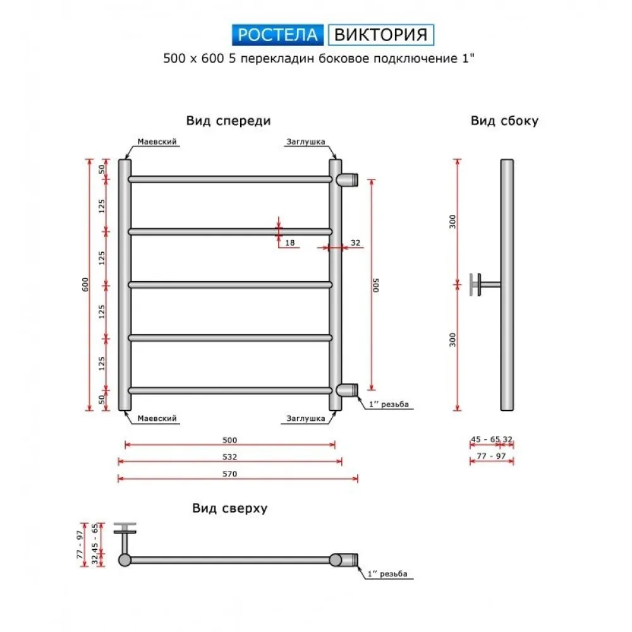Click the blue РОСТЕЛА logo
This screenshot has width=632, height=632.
277,35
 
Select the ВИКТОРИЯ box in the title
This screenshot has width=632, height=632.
381,35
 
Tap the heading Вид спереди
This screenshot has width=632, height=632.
229,121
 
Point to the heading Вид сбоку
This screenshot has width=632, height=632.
504,121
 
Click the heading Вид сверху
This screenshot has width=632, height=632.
230,508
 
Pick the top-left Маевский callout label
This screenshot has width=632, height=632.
157,142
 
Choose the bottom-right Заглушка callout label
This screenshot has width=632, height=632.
306,418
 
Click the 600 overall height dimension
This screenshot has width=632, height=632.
85,284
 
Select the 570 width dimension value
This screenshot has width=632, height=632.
230,474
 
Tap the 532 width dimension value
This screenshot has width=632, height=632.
230,457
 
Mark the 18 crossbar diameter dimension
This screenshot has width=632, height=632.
290,243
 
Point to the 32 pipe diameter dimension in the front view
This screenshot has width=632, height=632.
355,243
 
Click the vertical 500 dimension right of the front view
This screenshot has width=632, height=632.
375,285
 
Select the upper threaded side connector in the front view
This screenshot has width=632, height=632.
347,179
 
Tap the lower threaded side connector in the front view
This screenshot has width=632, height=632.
347,390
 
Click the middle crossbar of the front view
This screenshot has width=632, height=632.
230,285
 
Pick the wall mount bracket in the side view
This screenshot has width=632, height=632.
485,284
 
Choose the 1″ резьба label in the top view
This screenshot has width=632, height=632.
387,574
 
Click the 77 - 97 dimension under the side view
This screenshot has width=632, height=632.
491,456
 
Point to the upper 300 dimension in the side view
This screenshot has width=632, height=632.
453,222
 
